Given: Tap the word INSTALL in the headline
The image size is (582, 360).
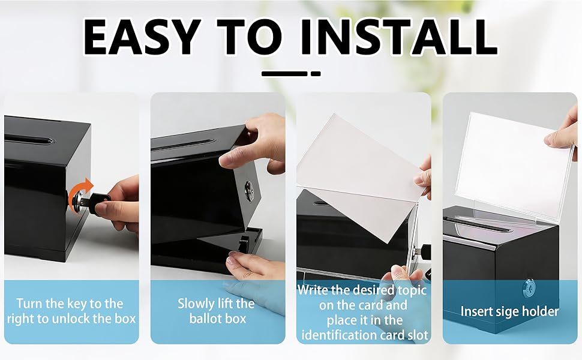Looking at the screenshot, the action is [398, 37].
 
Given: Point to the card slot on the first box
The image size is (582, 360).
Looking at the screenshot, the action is [29, 140].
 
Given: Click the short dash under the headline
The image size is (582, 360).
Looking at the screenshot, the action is [316, 73].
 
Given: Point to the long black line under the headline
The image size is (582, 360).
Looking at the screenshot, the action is [284, 73].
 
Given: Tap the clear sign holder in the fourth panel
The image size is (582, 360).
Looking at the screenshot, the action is [514, 163].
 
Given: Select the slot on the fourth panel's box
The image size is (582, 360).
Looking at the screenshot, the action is [478, 225].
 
